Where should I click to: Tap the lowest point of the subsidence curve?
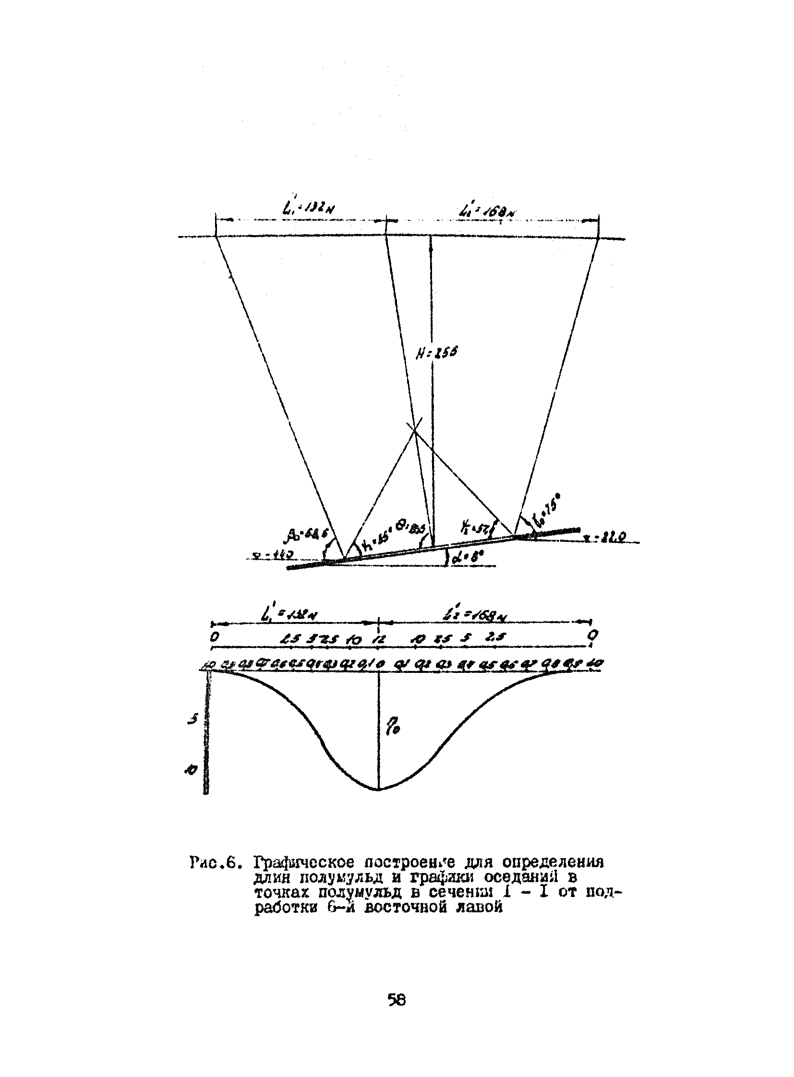379,789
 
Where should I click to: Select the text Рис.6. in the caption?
215,862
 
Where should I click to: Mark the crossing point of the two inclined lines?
414,429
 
